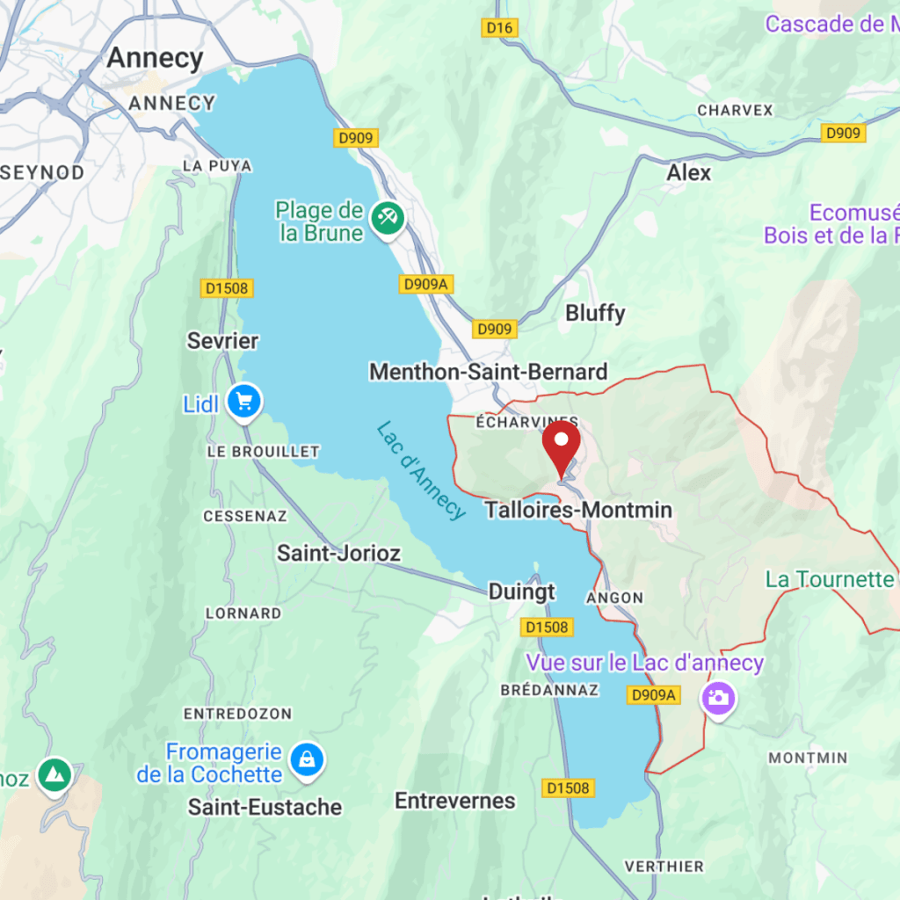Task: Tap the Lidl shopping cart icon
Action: (243, 402)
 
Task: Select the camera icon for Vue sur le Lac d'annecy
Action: (718, 698)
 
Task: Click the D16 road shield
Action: (500, 28)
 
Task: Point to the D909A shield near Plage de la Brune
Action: (425, 284)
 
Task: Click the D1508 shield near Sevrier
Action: (227, 288)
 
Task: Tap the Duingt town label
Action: (522, 592)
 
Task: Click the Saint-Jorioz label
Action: (338, 553)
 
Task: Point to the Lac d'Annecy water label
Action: (420, 470)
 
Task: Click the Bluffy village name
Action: (595, 313)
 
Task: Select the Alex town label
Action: (688, 172)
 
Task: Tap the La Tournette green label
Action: (829, 579)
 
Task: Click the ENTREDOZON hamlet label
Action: (237, 713)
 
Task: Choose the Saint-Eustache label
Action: (265, 807)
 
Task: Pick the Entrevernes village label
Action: (454, 801)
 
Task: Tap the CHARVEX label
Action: (735, 111)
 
